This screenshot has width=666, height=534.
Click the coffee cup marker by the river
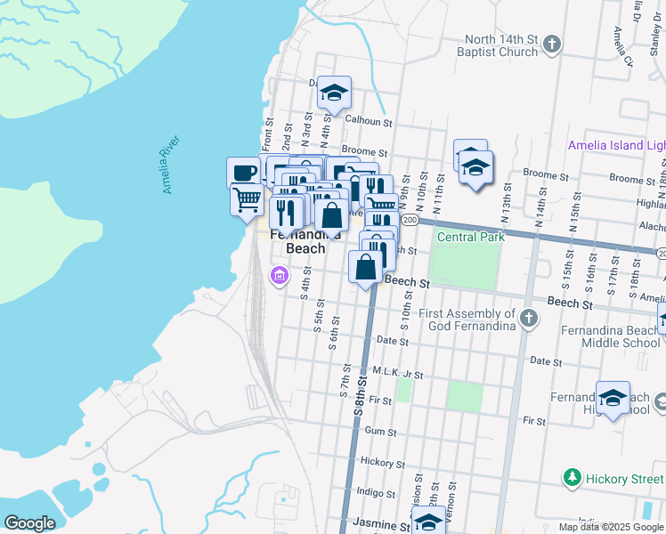click(x=243, y=173)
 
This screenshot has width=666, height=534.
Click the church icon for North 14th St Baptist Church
click(x=552, y=44)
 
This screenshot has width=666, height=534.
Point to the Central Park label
click(x=470, y=237)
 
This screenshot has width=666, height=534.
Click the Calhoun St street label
click(x=369, y=121)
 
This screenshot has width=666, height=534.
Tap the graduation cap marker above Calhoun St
click(x=334, y=93)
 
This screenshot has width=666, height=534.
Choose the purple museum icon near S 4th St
click(x=279, y=276)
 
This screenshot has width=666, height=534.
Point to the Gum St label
click(x=380, y=431)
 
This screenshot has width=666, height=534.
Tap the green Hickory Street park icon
click(x=573, y=479)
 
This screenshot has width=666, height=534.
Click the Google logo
click(x=28, y=523)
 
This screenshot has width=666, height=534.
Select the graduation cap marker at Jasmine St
click(x=428, y=522)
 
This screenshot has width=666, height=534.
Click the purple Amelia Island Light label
click(x=617, y=146)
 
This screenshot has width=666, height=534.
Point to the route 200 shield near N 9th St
click(x=409, y=219)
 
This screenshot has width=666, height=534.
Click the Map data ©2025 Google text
click(x=612, y=527)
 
